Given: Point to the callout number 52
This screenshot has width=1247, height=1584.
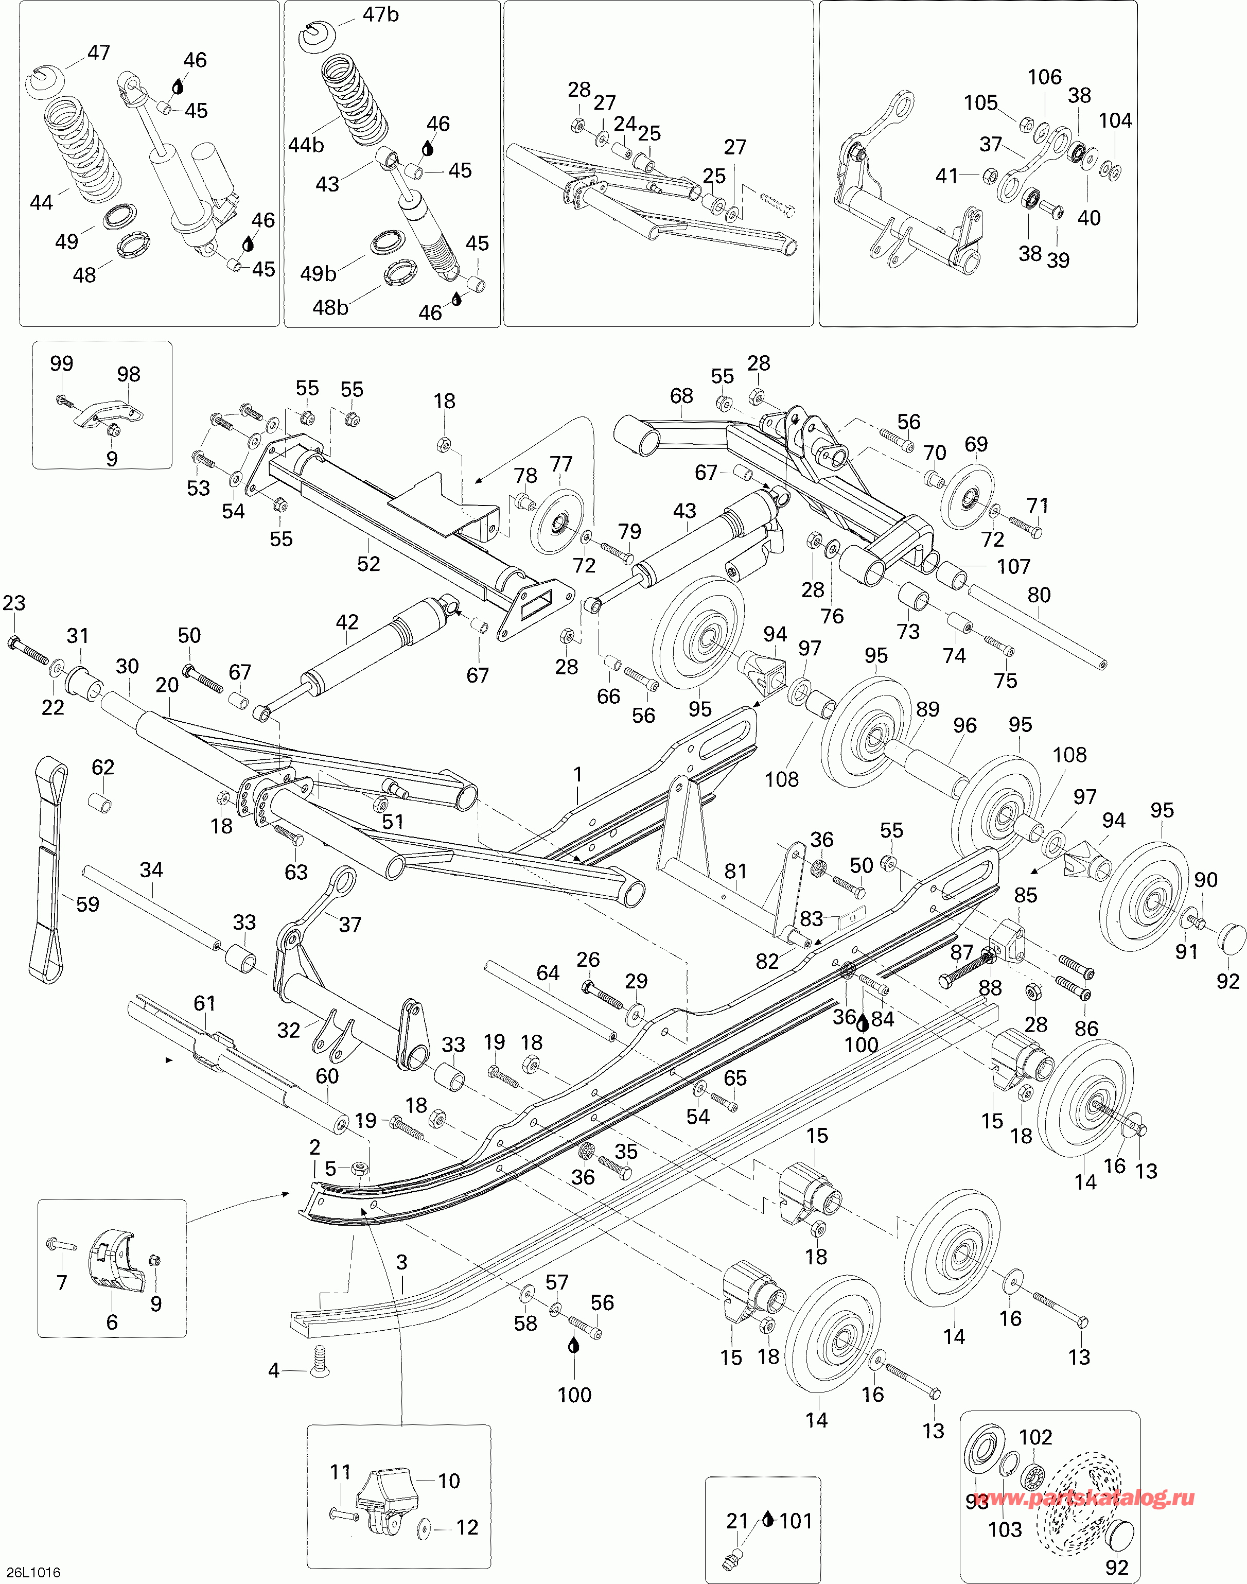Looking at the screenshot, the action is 368,564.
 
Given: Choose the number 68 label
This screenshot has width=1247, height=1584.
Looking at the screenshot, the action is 681,396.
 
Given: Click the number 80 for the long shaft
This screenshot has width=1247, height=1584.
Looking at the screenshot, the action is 1039,595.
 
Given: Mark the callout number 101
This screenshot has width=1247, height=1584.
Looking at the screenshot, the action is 796,1521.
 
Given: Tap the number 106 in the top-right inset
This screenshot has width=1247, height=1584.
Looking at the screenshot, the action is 1044,77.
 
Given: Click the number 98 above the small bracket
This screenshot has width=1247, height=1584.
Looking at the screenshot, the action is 129,374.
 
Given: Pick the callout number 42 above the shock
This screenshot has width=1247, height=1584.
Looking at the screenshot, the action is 347,622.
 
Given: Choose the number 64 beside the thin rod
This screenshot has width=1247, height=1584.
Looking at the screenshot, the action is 548,973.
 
